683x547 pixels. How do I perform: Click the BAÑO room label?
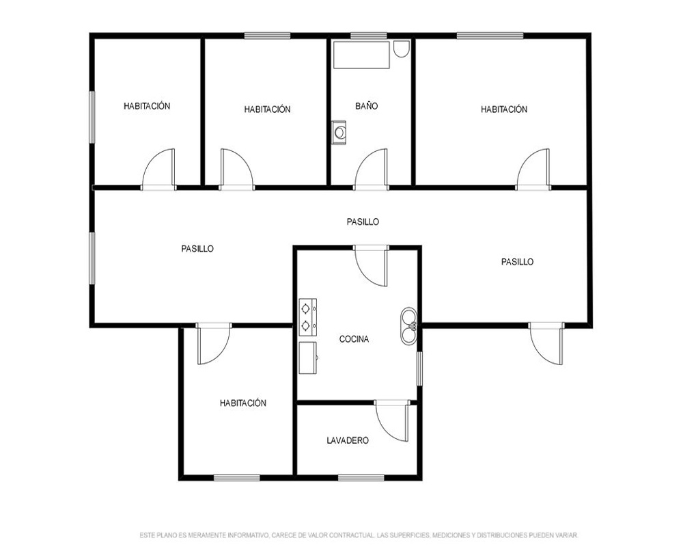click(x=366, y=106)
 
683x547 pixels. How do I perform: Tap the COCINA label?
click(x=354, y=339)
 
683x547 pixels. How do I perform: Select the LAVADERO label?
click(x=348, y=440)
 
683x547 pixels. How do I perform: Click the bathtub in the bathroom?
click(x=361, y=55)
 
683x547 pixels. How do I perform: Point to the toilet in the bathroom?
click(x=401, y=49)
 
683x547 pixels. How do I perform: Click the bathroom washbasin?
click(x=339, y=132)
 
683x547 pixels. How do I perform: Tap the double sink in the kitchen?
click(x=408, y=325)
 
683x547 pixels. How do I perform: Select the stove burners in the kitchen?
click(x=307, y=317)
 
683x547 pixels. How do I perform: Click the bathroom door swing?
click(x=371, y=170)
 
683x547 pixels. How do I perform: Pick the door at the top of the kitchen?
click(x=371, y=266)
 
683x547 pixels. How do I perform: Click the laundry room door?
click(x=392, y=421)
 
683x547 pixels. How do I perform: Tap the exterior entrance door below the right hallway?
click(x=546, y=344)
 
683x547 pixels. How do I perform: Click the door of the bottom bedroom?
click(x=213, y=344)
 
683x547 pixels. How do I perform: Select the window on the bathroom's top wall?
click(x=369, y=36)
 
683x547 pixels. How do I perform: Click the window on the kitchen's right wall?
click(x=419, y=369)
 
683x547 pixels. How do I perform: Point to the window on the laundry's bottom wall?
click(x=361, y=478)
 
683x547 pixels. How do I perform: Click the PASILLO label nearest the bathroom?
click(x=363, y=222)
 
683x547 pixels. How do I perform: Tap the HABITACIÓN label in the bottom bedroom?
click(x=243, y=403)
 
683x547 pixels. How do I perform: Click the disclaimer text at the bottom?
click(x=359, y=535)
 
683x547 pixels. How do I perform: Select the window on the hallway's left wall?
click(x=92, y=258)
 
